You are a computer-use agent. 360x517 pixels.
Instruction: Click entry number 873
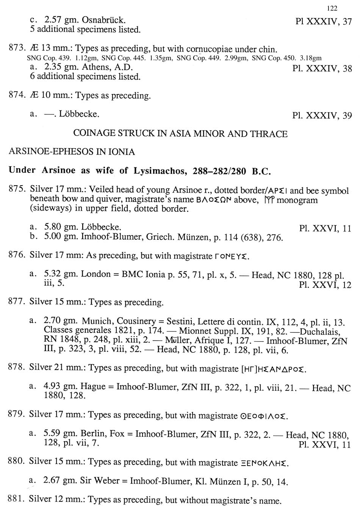pos(16,49)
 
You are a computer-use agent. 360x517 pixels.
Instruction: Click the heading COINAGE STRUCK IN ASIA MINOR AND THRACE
pos(180,134)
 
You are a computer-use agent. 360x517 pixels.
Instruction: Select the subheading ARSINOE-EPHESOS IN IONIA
pos(72,152)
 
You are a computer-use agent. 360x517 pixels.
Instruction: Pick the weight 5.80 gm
pos(59,227)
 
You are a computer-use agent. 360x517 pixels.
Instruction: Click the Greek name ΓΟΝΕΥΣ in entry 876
pos(232,256)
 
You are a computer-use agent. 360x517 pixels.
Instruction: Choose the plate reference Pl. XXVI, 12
pos(325,285)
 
